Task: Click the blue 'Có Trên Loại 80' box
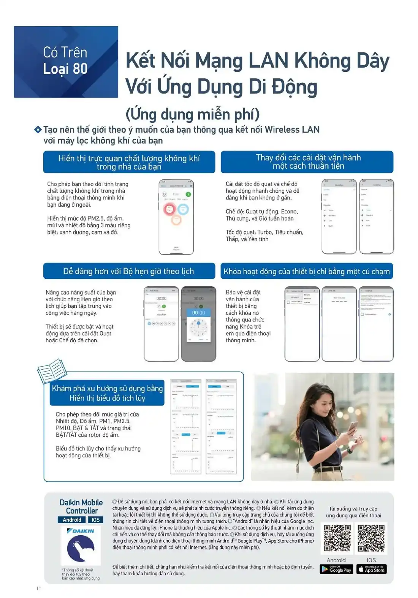pos(66,62)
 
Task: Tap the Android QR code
pos(337,538)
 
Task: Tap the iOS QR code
pos(371,538)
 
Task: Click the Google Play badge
pos(336,569)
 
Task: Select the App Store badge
pos(371,569)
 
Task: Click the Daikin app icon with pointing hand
pos(81,547)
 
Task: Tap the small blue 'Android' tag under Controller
pos(72,520)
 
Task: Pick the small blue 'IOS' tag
pos(95,520)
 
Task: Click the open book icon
pos(52,371)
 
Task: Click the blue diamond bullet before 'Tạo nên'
pos(38,130)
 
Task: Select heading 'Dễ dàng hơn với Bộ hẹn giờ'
pos(128,271)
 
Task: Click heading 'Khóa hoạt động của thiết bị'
pos(306,271)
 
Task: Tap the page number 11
pos(39,588)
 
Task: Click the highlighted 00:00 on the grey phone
pos(198,313)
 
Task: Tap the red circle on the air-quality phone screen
pos(169,208)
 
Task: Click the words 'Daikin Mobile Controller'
pos(81,506)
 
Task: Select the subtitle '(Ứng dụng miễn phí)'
pos(192,114)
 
